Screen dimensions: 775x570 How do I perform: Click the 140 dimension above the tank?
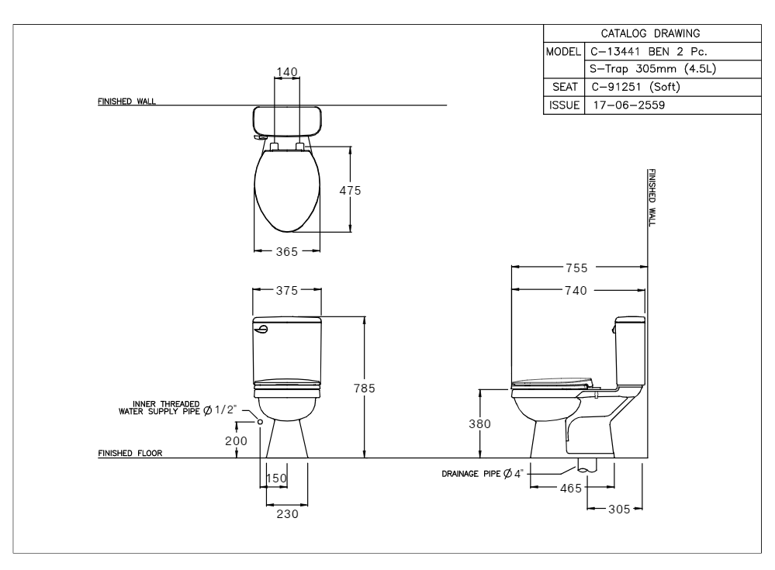point(287,72)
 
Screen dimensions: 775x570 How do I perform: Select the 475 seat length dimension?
point(350,191)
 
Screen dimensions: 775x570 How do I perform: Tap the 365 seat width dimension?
point(287,252)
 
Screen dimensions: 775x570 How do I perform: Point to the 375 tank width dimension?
point(287,291)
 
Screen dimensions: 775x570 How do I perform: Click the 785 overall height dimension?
point(365,389)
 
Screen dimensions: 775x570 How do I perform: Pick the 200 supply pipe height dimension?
point(236,441)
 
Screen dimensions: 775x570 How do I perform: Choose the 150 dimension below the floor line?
point(276,478)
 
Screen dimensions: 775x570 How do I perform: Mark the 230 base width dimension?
point(287,514)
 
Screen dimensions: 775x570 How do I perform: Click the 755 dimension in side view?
point(577,268)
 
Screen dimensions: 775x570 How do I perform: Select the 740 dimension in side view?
point(576,291)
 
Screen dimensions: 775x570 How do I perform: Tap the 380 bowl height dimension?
point(479,424)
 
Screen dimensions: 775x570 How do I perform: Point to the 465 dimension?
point(571,489)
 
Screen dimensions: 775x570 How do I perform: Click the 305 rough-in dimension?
point(619,510)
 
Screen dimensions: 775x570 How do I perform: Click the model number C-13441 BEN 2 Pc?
point(649,52)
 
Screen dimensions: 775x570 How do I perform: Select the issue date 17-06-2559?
point(629,105)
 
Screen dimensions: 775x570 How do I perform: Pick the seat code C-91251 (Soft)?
point(635,87)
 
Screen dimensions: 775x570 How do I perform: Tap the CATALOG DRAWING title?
point(650,33)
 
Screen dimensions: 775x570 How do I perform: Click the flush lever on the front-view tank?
point(261,329)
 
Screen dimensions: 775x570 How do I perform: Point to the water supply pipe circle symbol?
point(260,421)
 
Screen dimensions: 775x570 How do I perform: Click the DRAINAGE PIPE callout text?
point(482,474)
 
